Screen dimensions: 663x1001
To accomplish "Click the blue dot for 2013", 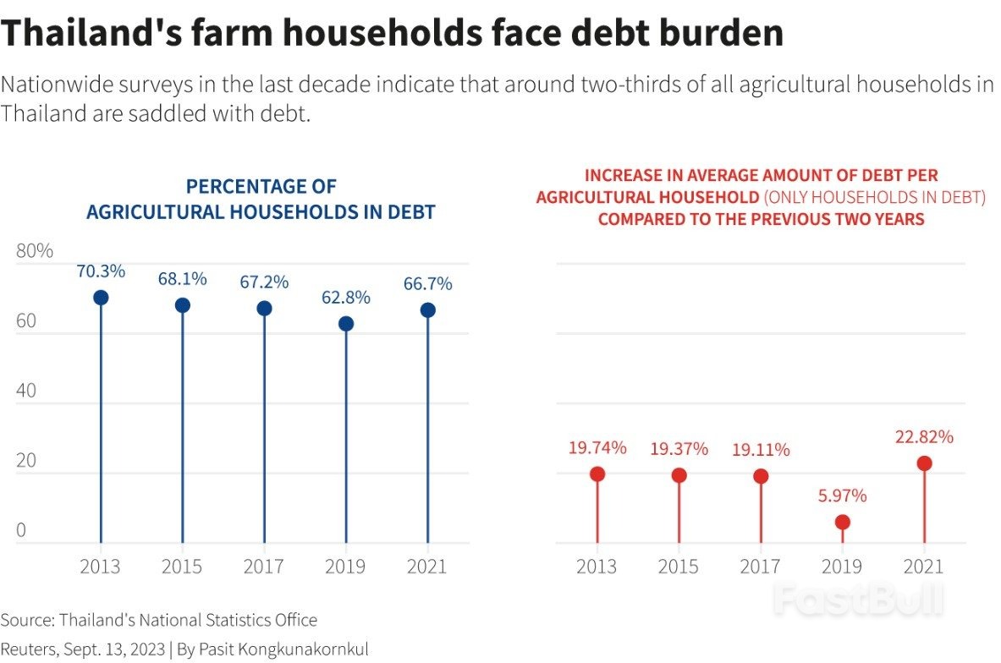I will tap(101, 298).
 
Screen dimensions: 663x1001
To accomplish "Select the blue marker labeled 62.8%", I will tap(346, 324).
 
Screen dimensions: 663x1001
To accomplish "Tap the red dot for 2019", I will tap(842, 523).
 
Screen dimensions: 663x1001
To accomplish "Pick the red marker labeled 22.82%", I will tap(924, 463).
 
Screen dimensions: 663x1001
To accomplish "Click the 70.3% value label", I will tap(101, 271).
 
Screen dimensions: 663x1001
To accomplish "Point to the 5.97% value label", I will tap(842, 496).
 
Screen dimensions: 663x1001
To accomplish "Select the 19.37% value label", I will tap(679, 449).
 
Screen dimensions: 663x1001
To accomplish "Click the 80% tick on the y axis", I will tap(35, 251).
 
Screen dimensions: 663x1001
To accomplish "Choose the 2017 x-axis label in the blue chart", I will tap(264, 567).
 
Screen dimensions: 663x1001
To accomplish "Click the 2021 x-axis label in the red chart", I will tap(924, 567).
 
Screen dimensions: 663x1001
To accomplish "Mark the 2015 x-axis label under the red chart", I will tap(679, 567).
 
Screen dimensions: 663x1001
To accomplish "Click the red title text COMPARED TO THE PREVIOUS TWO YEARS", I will tap(761, 219).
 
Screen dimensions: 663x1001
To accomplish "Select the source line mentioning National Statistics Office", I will tap(159, 620).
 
